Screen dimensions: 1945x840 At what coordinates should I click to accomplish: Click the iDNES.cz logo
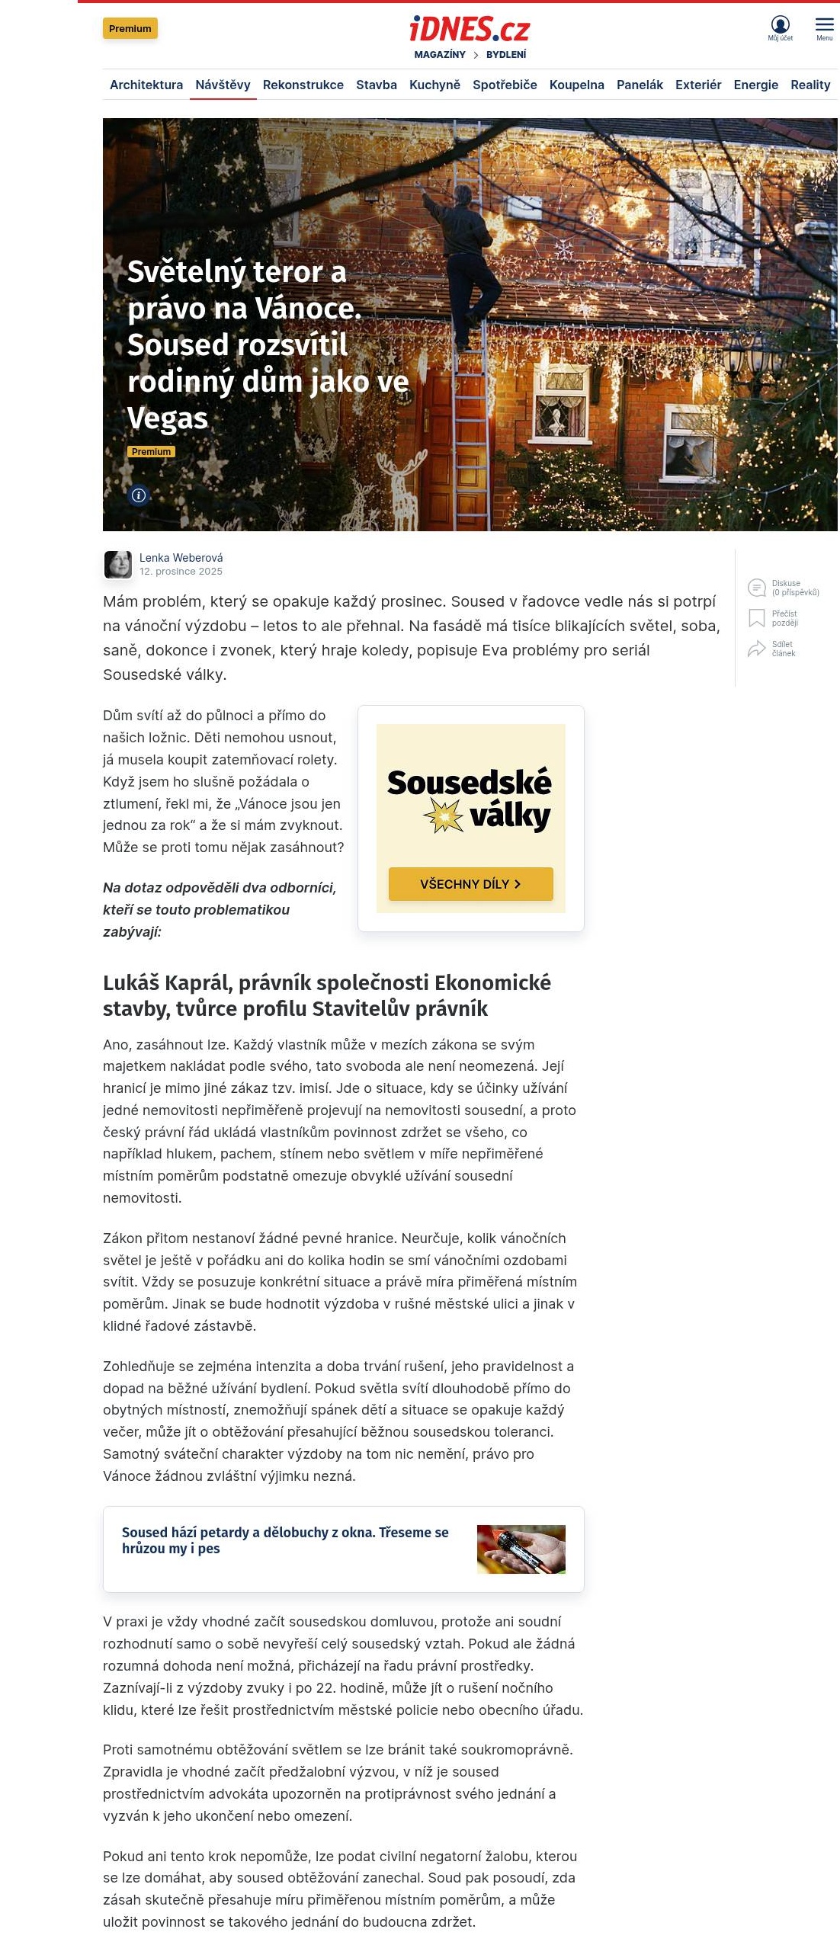[470, 29]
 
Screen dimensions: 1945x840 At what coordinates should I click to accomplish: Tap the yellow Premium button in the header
[130, 29]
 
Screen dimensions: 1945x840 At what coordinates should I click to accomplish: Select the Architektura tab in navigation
[146, 85]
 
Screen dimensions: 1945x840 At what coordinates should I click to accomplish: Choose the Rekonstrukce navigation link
[303, 85]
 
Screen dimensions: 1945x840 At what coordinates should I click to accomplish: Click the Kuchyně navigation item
[434, 85]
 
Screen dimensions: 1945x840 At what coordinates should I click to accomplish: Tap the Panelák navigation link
[640, 85]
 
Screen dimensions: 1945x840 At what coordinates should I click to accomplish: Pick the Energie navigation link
[755, 85]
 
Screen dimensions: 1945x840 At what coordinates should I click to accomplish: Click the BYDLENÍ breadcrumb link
[506, 55]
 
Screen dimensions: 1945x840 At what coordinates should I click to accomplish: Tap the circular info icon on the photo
[139, 495]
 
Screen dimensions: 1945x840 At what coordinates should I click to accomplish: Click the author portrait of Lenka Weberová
[118, 565]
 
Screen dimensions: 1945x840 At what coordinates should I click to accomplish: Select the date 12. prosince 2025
[181, 572]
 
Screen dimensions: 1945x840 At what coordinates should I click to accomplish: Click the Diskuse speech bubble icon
[756, 588]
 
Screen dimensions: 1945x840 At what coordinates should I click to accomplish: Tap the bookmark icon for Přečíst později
[756, 618]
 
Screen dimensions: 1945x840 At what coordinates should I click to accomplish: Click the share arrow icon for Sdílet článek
[756, 649]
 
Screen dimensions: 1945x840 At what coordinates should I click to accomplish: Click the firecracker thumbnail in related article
[521, 1549]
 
